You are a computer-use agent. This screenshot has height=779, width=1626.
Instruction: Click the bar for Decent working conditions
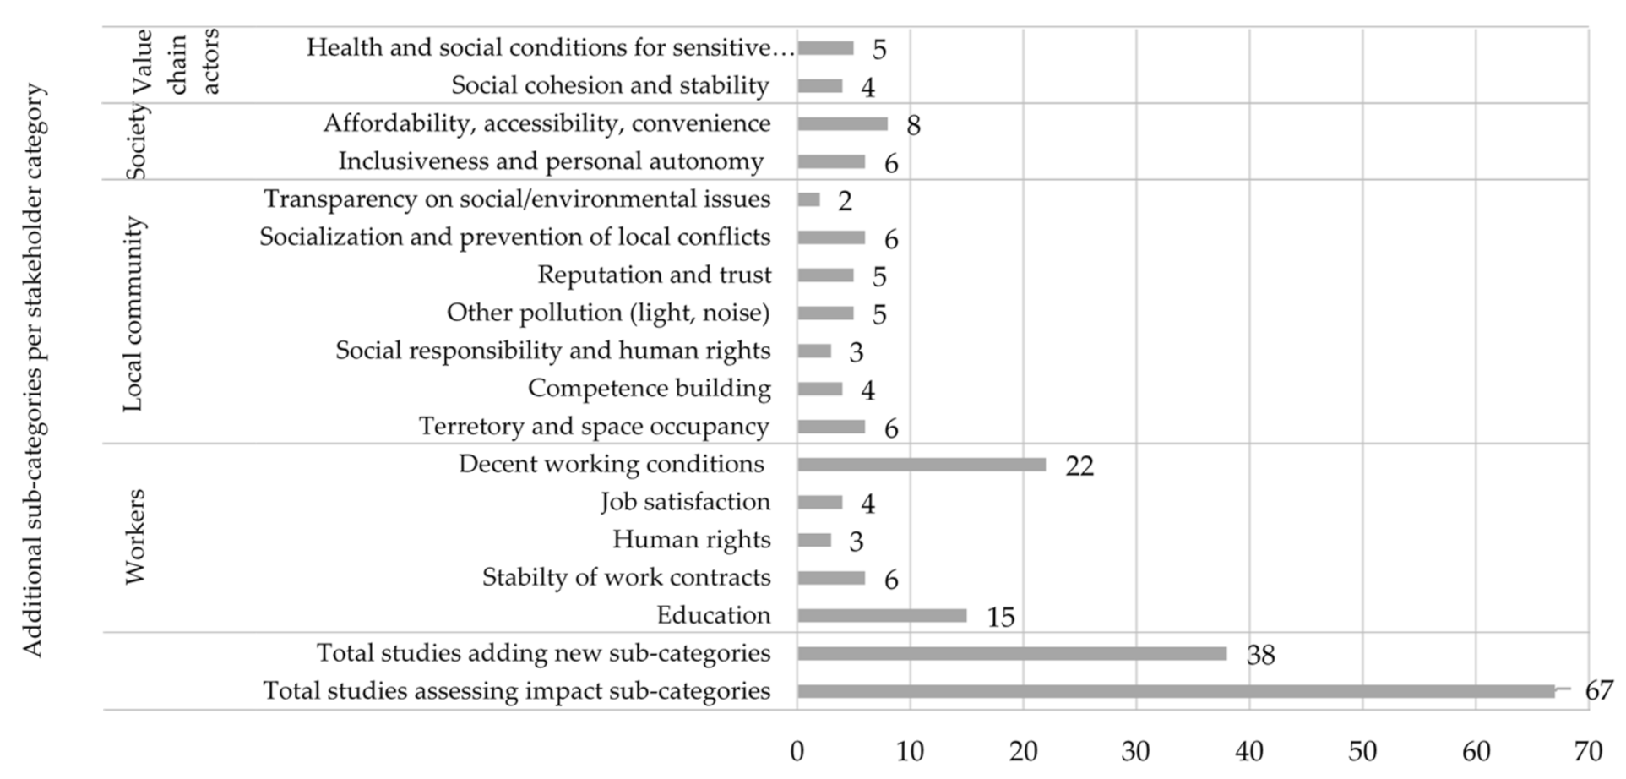[x=921, y=465]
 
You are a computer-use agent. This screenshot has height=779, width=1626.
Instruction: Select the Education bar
[x=881, y=616]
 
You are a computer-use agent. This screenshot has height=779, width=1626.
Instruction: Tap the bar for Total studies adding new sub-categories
[x=1011, y=654]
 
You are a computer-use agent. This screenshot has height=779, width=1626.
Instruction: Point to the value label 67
[x=1598, y=691]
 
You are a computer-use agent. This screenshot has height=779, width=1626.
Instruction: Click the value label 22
[x=1079, y=466]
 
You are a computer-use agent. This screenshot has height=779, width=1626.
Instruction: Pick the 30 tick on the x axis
[x=1136, y=750]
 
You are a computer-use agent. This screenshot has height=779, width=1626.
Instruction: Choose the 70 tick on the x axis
[x=1587, y=750]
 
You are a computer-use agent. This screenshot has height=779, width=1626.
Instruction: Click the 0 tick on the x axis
[x=797, y=750]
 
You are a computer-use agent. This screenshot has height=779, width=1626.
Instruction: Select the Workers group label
[x=135, y=537]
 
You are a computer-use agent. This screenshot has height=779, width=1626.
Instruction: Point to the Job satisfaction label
[x=685, y=502]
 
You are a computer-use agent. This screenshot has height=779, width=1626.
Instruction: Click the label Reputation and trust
[x=654, y=275]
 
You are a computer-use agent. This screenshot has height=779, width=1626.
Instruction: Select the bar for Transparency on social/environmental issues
[x=808, y=200]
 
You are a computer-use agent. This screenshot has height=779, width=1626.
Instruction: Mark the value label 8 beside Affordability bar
[x=913, y=126]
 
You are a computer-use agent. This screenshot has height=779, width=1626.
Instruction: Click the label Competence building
[x=649, y=389]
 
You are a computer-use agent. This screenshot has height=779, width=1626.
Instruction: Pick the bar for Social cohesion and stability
[x=819, y=86]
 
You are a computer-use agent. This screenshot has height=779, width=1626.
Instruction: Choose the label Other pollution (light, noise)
[x=608, y=313]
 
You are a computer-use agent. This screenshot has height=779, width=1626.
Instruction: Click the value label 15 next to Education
[x=1000, y=618]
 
